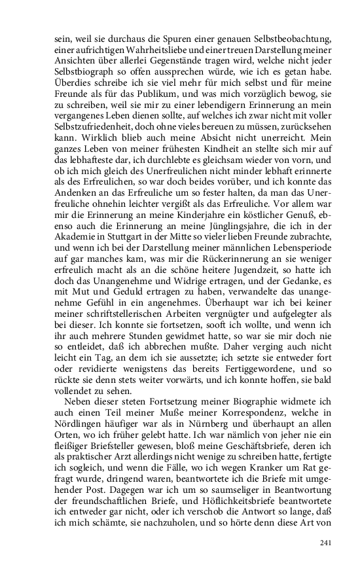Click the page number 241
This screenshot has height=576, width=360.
(x=327, y=542)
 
